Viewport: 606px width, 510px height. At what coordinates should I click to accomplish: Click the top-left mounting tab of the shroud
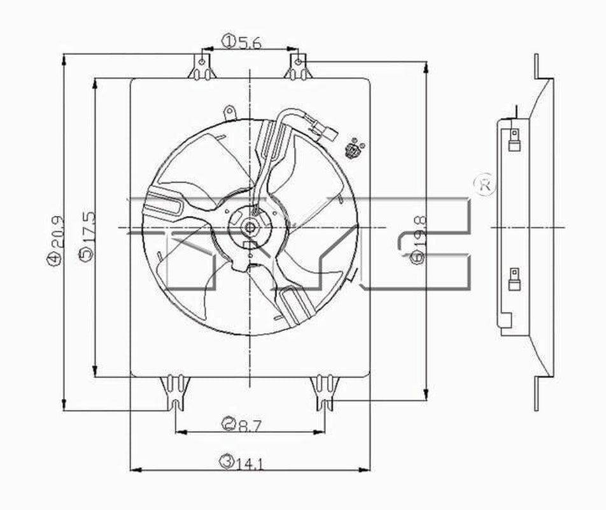202,68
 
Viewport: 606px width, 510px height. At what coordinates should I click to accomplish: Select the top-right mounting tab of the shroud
297,68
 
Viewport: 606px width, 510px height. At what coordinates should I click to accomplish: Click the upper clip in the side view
514,140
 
